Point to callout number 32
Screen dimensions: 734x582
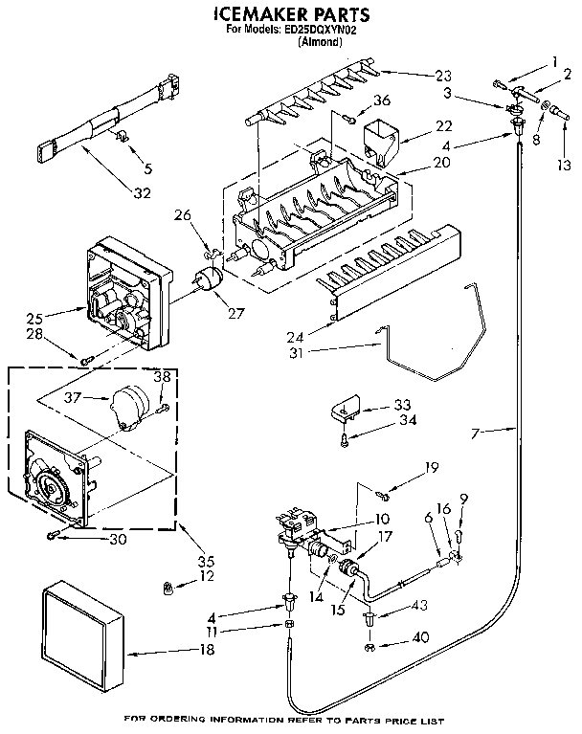(142, 193)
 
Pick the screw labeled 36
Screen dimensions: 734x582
(351, 120)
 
